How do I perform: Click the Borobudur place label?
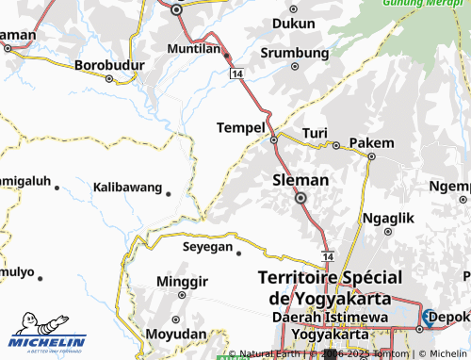click(x=106, y=66)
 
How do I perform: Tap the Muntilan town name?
click(x=193, y=48)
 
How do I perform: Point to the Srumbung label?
click(x=294, y=53)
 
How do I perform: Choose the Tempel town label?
click(x=240, y=127)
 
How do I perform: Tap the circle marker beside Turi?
click(x=335, y=145)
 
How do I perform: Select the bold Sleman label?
click(x=300, y=179)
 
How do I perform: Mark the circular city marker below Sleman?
click(x=301, y=199)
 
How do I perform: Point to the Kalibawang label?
click(x=127, y=188)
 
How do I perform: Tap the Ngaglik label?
click(x=388, y=217)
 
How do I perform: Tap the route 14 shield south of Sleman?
click(x=327, y=255)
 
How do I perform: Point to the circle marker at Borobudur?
click(x=108, y=78)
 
